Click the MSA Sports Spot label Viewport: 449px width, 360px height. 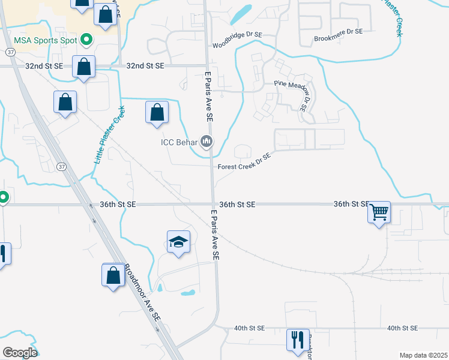click(x=45, y=40)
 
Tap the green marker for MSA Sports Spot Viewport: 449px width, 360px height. click(x=86, y=40)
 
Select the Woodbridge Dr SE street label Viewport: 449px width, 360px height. click(x=237, y=46)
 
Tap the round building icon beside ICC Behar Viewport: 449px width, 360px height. click(x=207, y=142)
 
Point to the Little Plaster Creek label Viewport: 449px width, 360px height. click(x=109, y=136)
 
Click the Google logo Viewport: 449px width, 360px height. click(x=20, y=352)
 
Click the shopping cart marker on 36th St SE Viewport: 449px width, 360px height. click(x=379, y=211)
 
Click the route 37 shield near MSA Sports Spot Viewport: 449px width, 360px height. click(x=10, y=52)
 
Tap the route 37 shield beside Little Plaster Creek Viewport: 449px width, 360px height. click(x=62, y=167)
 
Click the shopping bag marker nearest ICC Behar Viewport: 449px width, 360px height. click(x=157, y=112)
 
